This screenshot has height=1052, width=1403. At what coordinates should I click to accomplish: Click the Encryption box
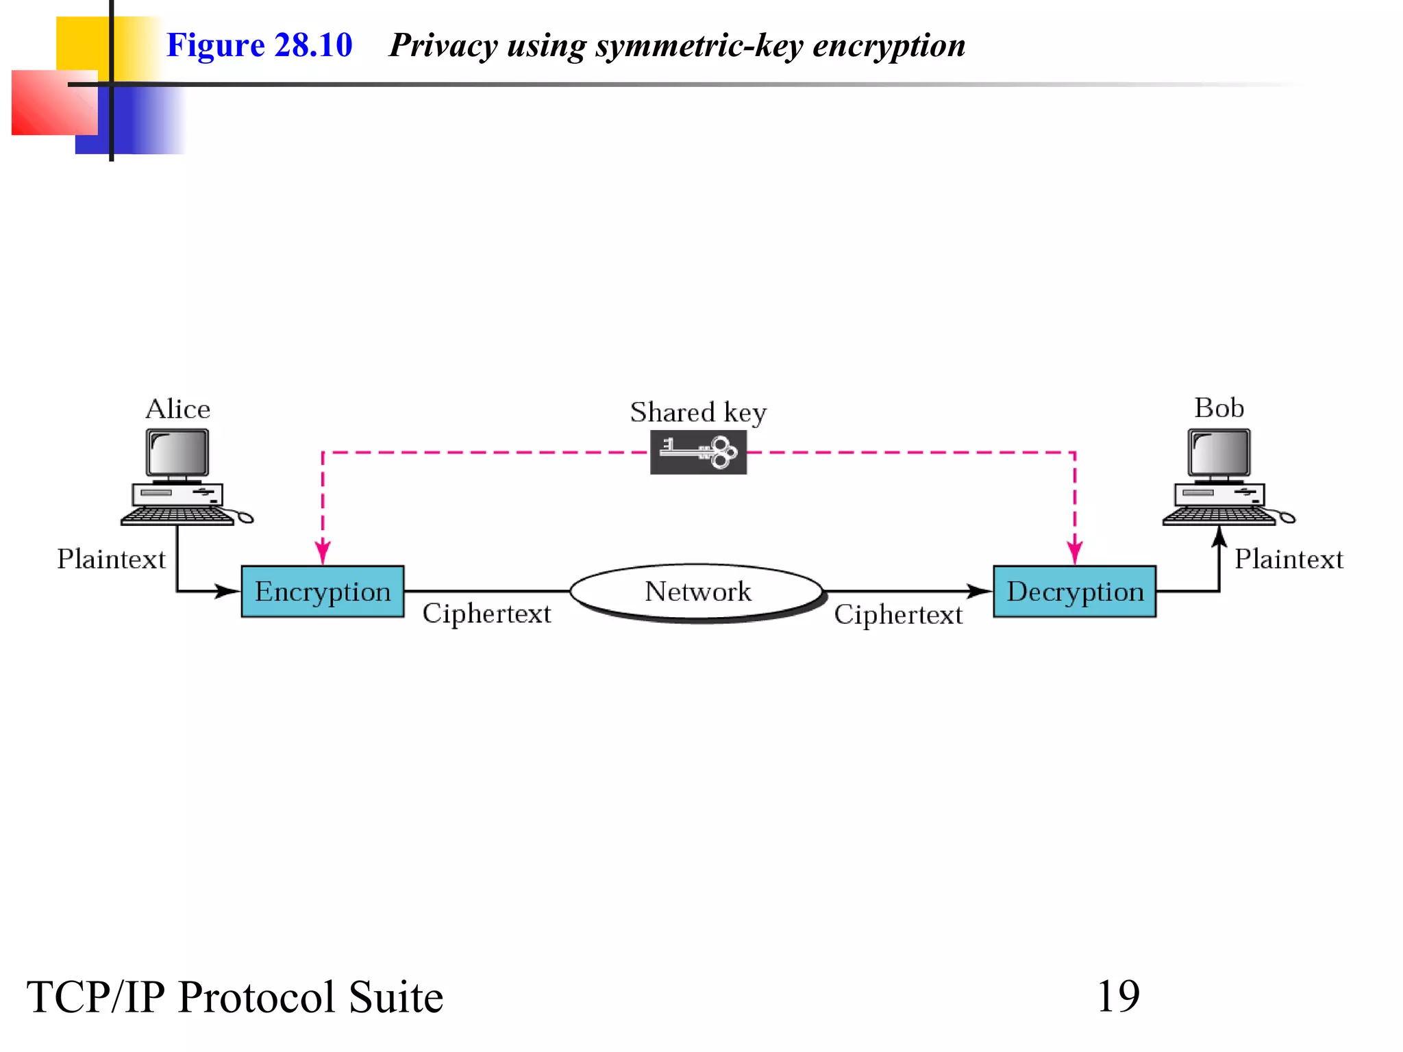point(322,591)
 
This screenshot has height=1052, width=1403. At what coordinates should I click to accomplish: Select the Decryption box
point(1074,591)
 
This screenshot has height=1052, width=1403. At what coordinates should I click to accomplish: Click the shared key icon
point(698,452)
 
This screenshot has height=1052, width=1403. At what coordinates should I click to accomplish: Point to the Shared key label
point(698,412)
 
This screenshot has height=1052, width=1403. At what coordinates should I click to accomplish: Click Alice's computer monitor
point(177,453)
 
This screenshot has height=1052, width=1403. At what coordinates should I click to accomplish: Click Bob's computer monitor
point(1219,453)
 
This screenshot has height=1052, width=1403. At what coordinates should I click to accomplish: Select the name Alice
point(177,409)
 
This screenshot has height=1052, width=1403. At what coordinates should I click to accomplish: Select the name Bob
point(1219,408)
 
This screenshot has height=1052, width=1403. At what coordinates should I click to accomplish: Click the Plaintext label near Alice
point(111,559)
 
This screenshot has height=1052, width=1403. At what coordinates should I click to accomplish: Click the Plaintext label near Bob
point(1288,559)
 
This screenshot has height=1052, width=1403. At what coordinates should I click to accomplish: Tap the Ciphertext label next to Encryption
point(486,614)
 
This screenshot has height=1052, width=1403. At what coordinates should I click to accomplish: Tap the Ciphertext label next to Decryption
point(898,614)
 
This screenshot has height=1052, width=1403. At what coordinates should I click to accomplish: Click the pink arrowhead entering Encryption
point(323,553)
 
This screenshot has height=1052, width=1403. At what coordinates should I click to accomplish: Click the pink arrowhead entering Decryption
point(1074,553)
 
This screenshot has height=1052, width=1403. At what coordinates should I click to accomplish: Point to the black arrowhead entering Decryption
point(980,590)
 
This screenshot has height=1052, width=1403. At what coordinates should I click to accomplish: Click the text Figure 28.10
point(259,45)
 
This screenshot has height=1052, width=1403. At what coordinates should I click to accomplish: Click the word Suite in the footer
point(395,997)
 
